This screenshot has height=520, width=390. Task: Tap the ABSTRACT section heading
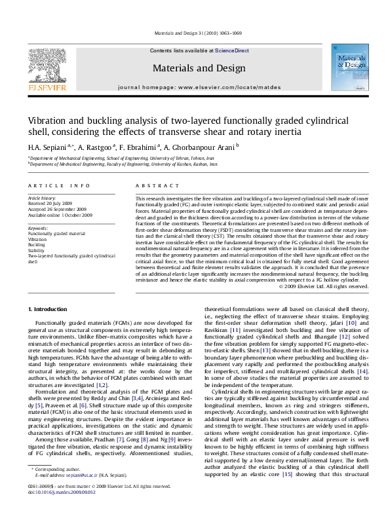(151, 186)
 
